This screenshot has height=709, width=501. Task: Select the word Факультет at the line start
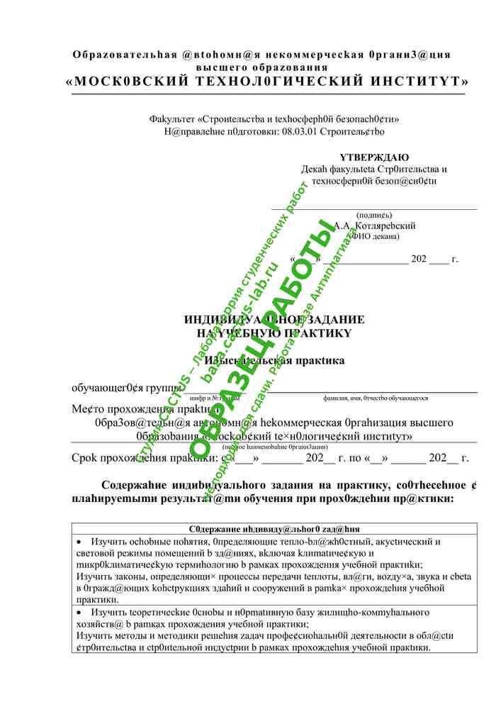pyautogui.click(x=170, y=119)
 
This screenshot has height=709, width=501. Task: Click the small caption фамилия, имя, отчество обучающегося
pyautogui.click(x=376, y=398)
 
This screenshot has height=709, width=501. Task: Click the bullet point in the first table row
pyautogui.click(x=79, y=542)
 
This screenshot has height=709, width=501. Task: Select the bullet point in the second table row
pyautogui.click(x=79, y=612)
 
